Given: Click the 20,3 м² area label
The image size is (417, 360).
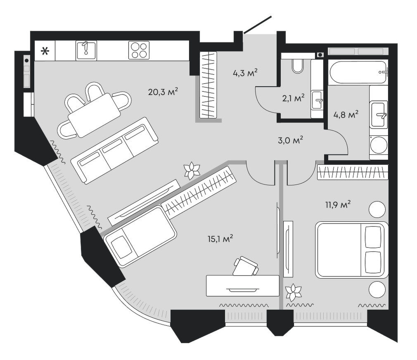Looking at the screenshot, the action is click(163, 92).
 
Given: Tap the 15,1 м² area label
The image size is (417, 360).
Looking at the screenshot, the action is click(220, 239).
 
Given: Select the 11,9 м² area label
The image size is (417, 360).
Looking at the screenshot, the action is click(338, 205).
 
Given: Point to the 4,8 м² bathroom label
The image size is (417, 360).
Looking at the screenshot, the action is click(346, 115).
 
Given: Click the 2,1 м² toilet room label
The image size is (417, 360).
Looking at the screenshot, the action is click(293, 98).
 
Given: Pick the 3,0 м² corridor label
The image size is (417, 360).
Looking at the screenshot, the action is click(290, 140).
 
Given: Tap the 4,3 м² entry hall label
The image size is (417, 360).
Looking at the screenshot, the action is click(245, 73).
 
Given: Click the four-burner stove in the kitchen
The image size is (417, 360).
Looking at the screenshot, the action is click(139, 50).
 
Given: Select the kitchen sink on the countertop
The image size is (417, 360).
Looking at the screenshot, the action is click(86, 50).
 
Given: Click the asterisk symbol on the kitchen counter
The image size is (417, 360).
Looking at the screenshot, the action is click(45, 51).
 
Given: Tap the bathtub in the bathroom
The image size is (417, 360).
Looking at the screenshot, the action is click(358, 72).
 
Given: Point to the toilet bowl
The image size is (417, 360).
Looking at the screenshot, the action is click(297, 66).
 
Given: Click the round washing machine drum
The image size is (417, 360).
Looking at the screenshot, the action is click(379, 145).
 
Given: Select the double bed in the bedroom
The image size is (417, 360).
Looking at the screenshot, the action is click(352, 250).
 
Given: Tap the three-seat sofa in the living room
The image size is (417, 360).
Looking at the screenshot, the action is click(114, 151).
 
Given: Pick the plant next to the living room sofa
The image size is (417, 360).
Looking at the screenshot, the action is click(192, 171).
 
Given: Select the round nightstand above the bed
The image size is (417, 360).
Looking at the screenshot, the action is click(377, 209).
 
